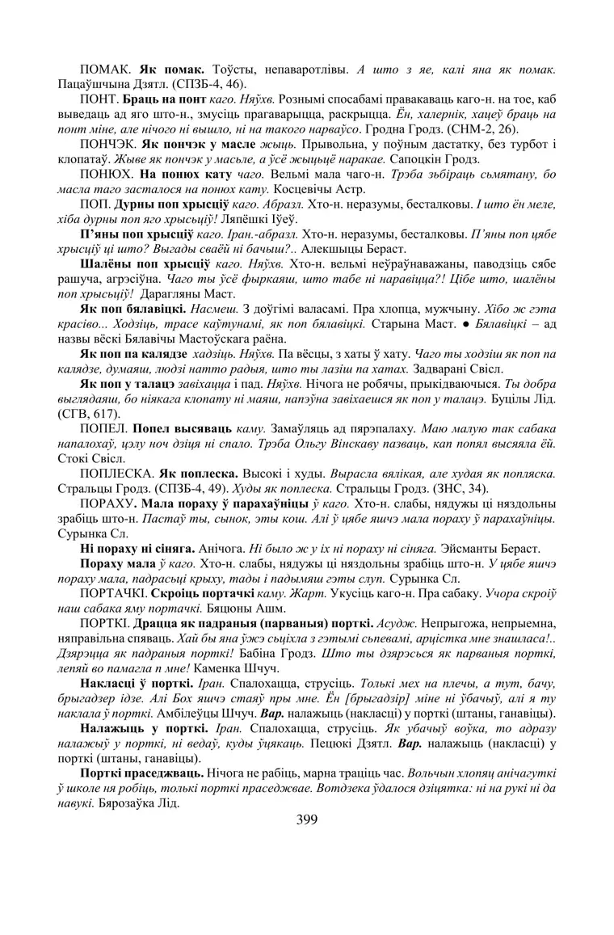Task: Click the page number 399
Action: click(x=307, y=819)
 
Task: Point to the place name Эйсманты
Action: click(x=470, y=548)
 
